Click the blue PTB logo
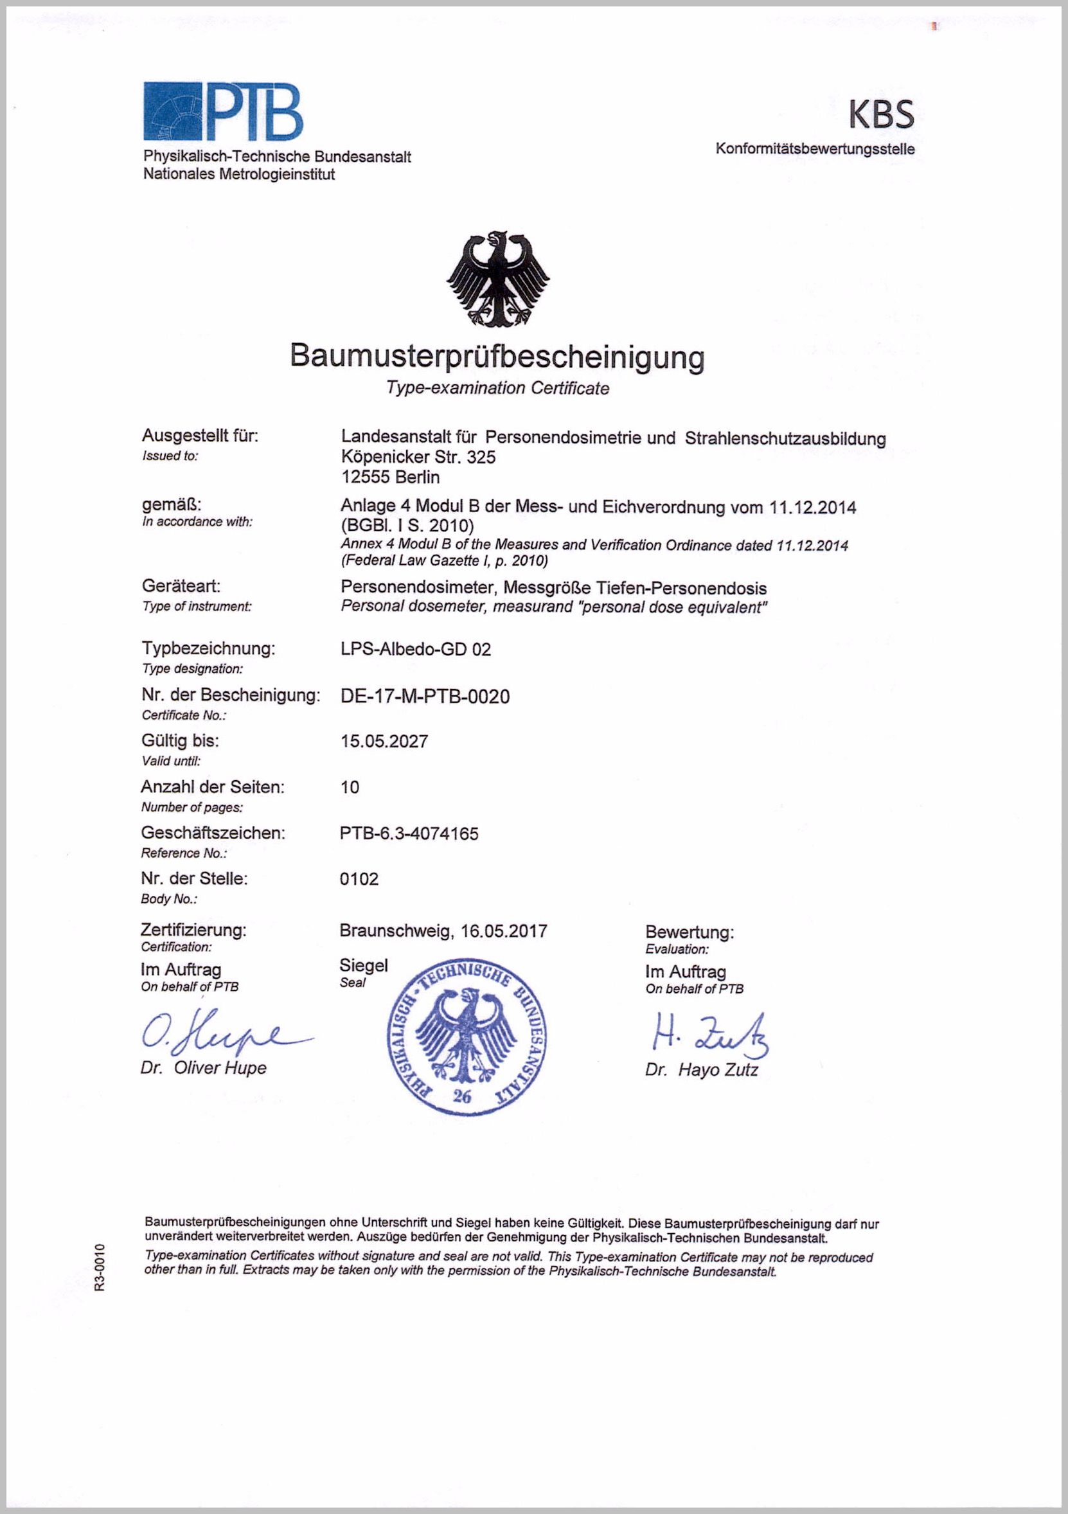(x=223, y=111)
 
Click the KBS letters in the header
(x=881, y=114)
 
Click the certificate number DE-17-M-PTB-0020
(x=425, y=697)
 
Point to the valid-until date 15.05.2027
(x=384, y=741)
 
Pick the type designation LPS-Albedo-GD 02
(x=415, y=650)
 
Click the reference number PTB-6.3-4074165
(x=409, y=833)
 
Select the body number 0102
(x=359, y=879)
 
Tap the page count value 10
(x=350, y=787)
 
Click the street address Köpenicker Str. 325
(x=418, y=456)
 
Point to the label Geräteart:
(x=181, y=585)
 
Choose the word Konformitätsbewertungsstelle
(x=815, y=149)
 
